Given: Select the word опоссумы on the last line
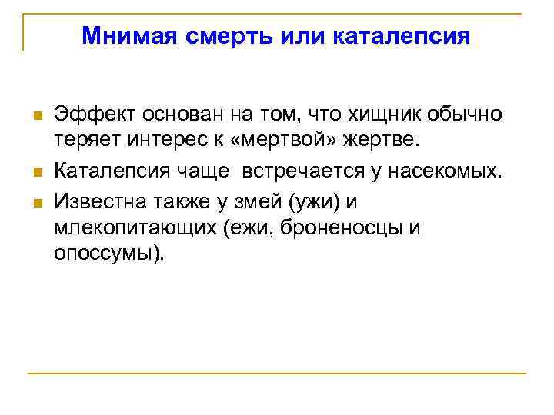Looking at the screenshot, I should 106,254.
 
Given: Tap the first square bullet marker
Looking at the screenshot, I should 35,116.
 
